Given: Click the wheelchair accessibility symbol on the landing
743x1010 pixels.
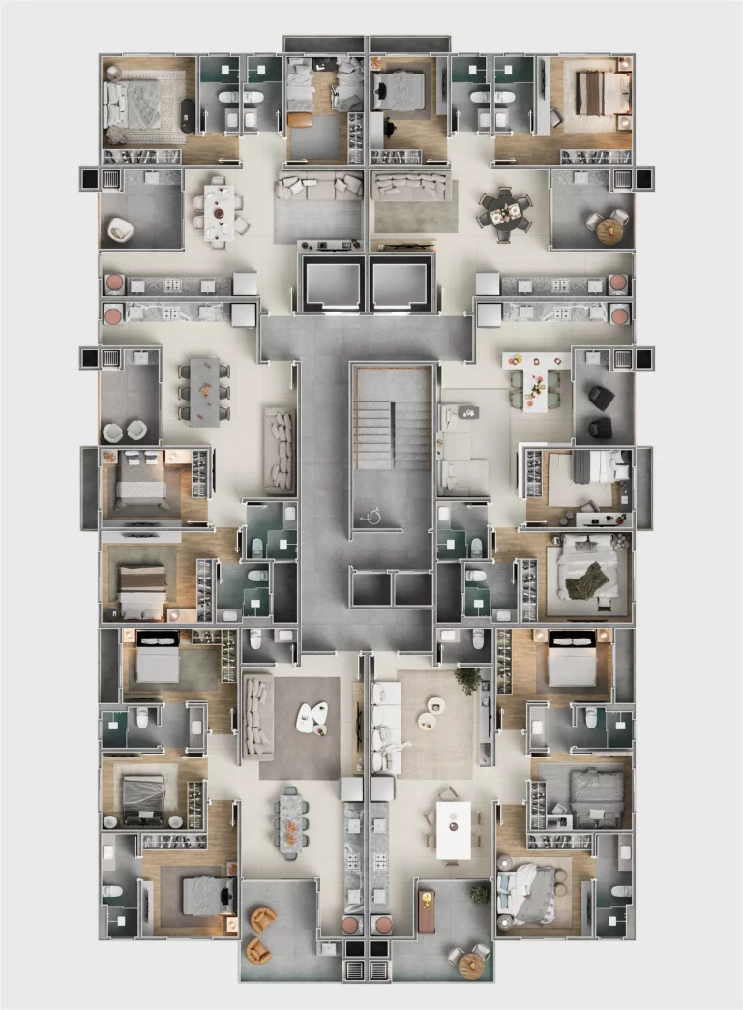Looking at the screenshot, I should point(370,517).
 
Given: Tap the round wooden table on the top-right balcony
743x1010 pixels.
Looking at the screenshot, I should point(610,230).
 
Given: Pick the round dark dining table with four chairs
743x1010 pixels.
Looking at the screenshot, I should point(506,213).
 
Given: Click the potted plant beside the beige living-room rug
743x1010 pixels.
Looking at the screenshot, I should point(469,680).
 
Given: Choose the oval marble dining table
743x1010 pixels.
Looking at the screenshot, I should point(291,821).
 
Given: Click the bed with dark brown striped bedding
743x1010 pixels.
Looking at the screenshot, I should point(591,93).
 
